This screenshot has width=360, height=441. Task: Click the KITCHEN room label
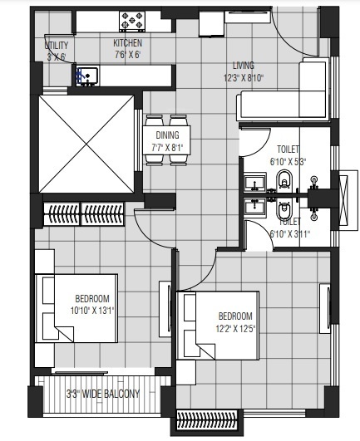pyautogui.click(x=127, y=43)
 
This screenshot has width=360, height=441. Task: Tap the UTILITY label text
pyautogui.click(x=57, y=47)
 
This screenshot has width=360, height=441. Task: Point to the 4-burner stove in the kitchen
pyautogui.click(x=132, y=19)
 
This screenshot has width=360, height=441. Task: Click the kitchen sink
pyautogui.click(x=86, y=76)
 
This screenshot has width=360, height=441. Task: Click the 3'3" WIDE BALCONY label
pyautogui.click(x=103, y=394)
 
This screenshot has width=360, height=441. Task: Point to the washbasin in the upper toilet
pyautogui.click(x=253, y=182)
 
